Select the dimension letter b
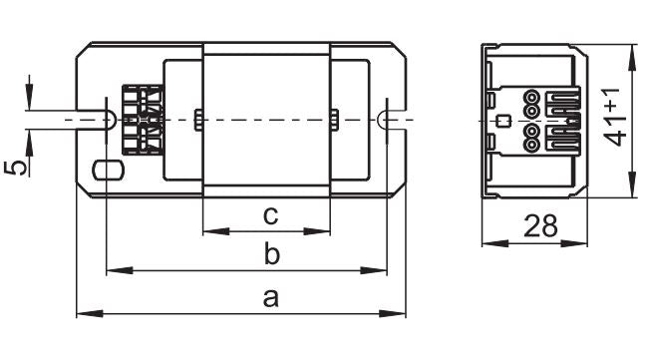[270, 255]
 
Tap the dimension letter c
[269, 215]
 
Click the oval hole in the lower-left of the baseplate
[104, 169]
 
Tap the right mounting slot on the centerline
[385, 118]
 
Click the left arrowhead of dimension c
[209, 233]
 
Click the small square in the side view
[504, 122]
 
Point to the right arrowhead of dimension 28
[580, 242]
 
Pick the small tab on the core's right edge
[336, 120]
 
